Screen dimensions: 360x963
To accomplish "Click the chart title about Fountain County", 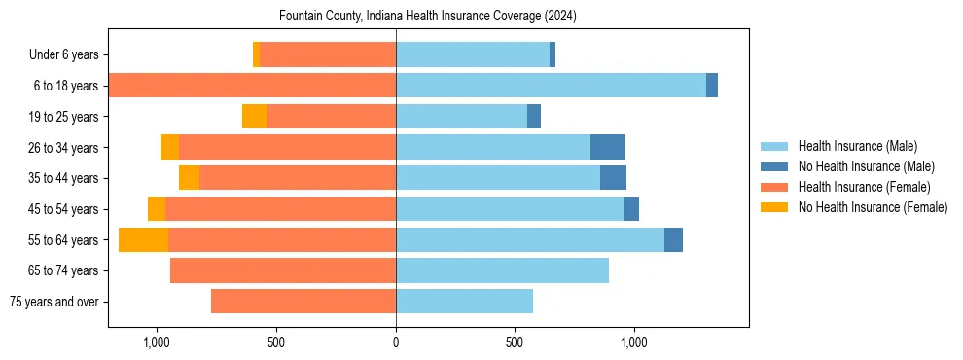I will [428, 17].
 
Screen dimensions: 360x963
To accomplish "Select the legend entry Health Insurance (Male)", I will [856, 146].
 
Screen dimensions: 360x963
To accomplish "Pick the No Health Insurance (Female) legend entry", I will [872, 207].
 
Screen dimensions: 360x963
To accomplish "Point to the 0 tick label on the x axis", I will [396, 343].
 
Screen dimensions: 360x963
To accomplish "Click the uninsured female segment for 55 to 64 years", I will [143, 239].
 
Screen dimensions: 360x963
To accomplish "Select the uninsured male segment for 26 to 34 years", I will [608, 147].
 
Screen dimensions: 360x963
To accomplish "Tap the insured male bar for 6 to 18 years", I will [551, 86].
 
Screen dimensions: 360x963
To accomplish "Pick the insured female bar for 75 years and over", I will [303, 302].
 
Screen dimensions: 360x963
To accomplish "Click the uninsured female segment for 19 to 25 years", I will [254, 117].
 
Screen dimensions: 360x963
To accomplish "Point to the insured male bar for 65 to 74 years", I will [502, 270].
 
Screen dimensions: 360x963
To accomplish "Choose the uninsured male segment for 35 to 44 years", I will [613, 178].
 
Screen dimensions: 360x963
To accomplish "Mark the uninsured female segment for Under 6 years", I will [256, 54].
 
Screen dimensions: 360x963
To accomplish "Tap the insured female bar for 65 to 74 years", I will [283, 270].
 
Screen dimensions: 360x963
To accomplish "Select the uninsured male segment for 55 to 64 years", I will [673, 239].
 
